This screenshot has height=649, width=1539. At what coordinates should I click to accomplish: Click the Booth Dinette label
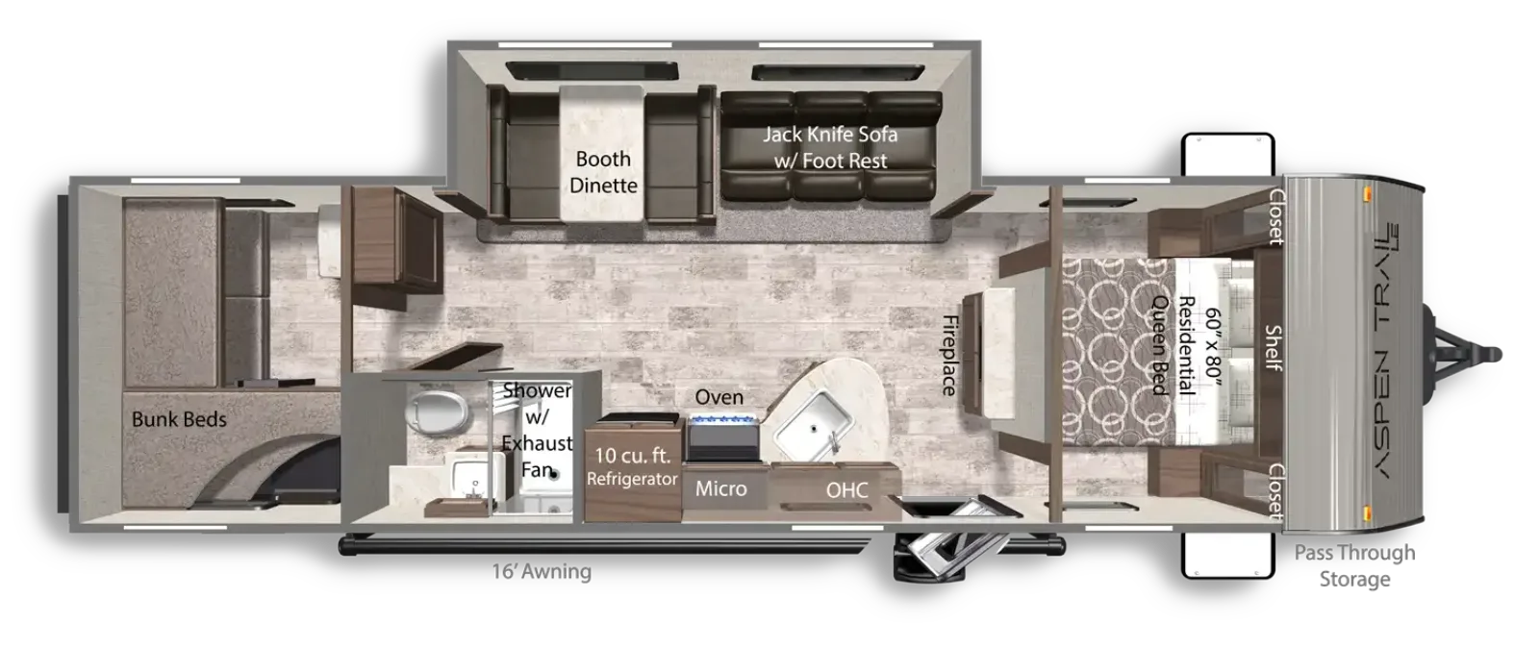(x=603, y=172)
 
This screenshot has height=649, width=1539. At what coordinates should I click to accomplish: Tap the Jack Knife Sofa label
(x=830, y=147)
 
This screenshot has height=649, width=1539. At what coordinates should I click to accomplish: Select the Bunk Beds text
(x=179, y=419)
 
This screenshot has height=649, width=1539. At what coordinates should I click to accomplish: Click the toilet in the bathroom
(x=437, y=411)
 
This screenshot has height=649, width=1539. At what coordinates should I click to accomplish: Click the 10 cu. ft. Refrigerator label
(x=632, y=466)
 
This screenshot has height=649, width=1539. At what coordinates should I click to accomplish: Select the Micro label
(x=720, y=488)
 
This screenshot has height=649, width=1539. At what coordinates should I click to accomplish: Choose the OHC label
(x=846, y=489)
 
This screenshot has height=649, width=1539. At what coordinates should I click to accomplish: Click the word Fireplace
(x=949, y=355)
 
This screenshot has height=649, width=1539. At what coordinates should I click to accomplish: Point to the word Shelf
(x=1274, y=347)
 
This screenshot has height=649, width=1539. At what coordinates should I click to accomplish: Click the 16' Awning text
(x=542, y=571)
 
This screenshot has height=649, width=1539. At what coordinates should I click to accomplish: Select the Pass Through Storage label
(x=1354, y=566)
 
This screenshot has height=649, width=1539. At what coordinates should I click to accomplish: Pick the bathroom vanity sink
(x=474, y=478)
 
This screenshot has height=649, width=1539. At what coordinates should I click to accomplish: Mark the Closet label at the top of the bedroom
(x=1275, y=216)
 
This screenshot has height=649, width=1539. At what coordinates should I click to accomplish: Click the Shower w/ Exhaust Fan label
(x=537, y=430)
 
